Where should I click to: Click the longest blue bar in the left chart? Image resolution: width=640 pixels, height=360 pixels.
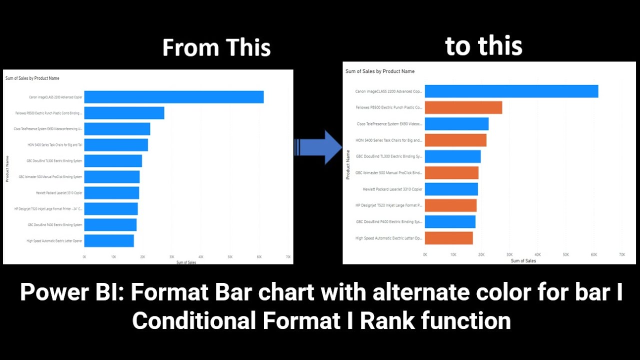173,97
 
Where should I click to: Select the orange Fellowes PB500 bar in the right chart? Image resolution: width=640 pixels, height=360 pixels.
463,107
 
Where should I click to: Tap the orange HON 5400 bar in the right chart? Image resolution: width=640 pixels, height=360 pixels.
455,140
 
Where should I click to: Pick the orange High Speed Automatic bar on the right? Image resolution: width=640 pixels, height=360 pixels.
448,238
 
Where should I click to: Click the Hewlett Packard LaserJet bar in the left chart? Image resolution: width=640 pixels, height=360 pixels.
111,192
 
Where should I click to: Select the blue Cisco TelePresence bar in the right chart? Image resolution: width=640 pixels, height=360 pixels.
456,124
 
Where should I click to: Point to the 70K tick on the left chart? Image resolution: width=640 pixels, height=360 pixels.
288,256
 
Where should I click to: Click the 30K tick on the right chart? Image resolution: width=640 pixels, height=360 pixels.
509,254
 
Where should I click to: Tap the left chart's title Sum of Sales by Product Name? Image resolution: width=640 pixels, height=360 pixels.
32,78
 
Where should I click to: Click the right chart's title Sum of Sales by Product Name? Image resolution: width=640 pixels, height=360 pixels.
380,71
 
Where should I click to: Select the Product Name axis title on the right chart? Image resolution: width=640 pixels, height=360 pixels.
348,164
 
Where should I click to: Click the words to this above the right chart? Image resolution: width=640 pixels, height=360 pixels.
483,46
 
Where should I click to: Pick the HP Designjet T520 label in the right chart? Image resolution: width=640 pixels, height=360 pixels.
389,205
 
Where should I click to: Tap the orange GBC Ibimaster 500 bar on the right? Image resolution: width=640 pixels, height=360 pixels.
451,172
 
